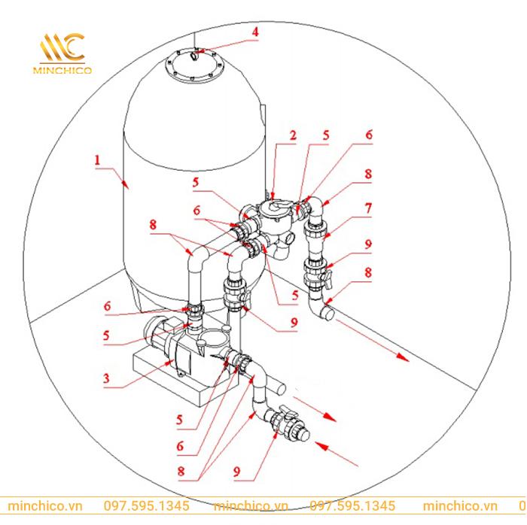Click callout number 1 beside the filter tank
98,160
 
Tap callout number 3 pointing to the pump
107,381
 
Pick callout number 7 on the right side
368,205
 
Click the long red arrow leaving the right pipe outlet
372,341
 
